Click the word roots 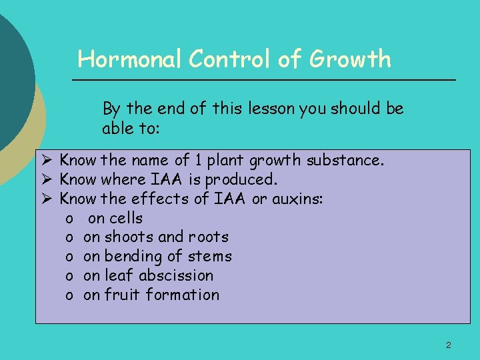click(208, 237)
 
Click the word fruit click(121, 295)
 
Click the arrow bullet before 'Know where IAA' click(47, 179)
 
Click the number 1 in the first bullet click(198, 160)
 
